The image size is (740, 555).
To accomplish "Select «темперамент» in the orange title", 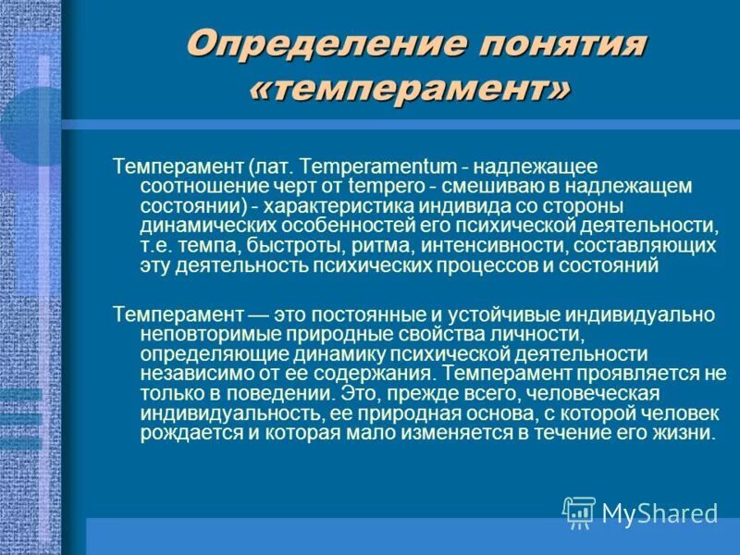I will [411, 89].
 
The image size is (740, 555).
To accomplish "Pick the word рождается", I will [184, 433].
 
